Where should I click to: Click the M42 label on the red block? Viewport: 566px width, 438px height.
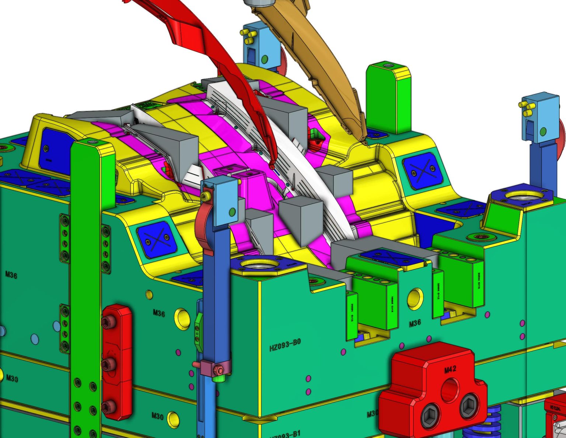tap(450, 369)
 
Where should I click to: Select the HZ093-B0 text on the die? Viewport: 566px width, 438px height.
tap(285, 345)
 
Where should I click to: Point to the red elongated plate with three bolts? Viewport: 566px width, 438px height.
tap(117, 362)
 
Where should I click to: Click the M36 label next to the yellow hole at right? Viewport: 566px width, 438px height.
tap(415, 323)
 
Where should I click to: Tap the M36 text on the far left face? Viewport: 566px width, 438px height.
tap(11, 275)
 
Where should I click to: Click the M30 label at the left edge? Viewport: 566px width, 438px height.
tap(12, 378)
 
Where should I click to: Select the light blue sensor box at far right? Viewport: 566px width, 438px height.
tap(541, 118)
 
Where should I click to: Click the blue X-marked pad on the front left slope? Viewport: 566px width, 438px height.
tap(156, 239)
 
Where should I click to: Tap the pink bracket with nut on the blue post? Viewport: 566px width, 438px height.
tap(212, 368)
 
